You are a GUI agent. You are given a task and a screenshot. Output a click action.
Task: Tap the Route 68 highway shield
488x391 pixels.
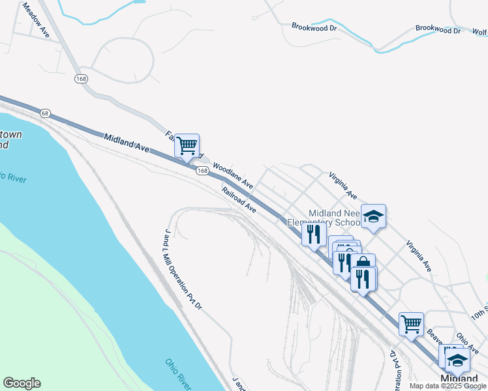point(45,113)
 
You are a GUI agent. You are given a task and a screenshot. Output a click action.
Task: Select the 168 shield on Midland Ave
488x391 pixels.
point(202,171)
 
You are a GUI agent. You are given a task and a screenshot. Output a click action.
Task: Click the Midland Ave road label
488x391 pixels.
point(127,142)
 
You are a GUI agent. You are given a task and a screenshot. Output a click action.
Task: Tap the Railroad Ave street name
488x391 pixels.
point(238,200)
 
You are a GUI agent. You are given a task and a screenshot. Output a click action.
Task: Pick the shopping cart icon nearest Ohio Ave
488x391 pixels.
point(411,324)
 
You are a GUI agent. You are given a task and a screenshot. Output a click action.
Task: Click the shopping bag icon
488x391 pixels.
point(363,265)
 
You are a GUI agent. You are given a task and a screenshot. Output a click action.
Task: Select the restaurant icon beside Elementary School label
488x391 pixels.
point(314,235)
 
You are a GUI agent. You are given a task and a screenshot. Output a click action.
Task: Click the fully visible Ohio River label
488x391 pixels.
point(179,372)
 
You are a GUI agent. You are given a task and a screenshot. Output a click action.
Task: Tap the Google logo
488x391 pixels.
point(22,383)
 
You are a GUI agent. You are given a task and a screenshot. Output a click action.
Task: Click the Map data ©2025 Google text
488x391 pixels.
point(448,386)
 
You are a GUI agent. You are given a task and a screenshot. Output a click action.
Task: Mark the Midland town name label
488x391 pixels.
point(459,379)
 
